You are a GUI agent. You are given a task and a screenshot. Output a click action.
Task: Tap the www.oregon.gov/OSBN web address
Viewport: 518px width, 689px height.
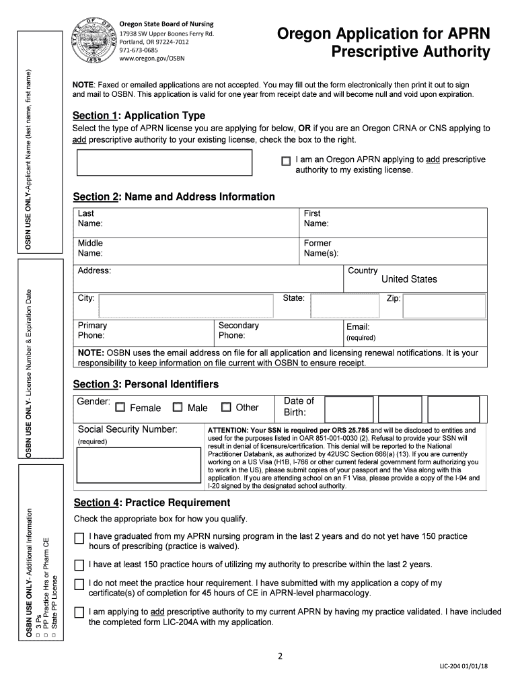pyautogui.click(x=152, y=59)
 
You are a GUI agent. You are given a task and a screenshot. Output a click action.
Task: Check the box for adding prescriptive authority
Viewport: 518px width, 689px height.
pyautogui.click(x=286, y=161)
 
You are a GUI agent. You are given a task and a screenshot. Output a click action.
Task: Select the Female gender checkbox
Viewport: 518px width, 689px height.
pyautogui.click(x=120, y=407)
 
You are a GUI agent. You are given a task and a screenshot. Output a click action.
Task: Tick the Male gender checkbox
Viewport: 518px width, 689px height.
pyautogui.click(x=178, y=407)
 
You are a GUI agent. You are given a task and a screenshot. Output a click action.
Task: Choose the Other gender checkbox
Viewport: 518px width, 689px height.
pyautogui.click(x=226, y=407)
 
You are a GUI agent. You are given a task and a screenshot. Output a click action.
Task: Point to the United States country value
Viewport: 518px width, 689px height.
pyautogui.click(x=409, y=279)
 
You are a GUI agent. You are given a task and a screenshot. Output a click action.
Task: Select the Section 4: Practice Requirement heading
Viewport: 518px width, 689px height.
pyautogui.click(x=151, y=503)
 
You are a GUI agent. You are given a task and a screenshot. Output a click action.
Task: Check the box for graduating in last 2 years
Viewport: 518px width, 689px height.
pyautogui.click(x=79, y=538)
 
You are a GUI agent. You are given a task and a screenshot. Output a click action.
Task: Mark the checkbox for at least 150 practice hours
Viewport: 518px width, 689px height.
pyautogui.click(x=79, y=565)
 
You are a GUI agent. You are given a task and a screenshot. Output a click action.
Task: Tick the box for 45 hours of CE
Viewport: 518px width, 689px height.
pyautogui.click(x=79, y=584)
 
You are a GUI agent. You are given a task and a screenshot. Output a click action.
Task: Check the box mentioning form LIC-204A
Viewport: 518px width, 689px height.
pyautogui.click(x=79, y=613)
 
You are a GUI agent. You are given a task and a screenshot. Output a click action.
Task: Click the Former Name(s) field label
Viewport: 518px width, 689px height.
pyautogui.click(x=321, y=248)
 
